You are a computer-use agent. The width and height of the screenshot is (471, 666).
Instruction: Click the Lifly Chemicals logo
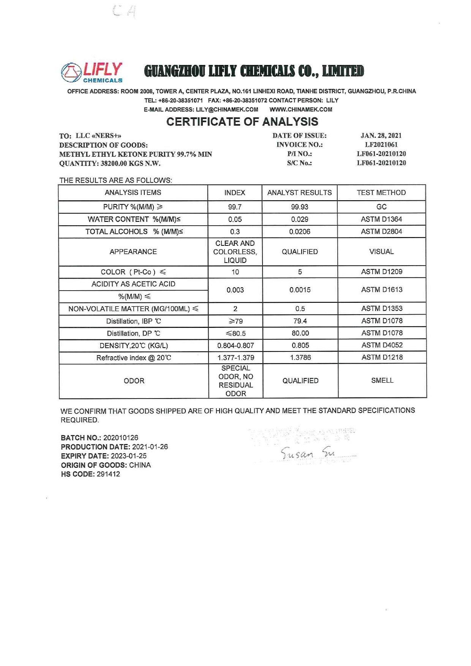pos(92,72)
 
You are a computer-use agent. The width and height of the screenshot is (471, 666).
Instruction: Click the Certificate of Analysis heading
pos(242,122)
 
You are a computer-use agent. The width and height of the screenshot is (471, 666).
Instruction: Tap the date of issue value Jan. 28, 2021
pos(381,136)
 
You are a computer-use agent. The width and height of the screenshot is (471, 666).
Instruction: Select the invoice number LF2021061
pos(381,145)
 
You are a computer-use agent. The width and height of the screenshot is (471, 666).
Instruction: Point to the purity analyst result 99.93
pos(299,207)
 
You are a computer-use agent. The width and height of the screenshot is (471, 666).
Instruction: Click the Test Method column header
pos(381,193)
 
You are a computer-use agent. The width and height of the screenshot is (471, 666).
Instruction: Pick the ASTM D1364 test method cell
pos(381,219)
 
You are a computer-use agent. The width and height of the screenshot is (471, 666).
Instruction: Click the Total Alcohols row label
pos(134,232)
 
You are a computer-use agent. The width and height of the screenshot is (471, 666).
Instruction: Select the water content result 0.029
pos(299,219)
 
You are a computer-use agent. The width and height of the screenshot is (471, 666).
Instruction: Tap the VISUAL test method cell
pos(381,252)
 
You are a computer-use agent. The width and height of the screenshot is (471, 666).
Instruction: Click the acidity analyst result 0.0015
pos(300,290)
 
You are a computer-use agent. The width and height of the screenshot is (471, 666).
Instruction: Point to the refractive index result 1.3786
pos(300,358)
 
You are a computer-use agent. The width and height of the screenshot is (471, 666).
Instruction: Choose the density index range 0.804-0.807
pos(235,346)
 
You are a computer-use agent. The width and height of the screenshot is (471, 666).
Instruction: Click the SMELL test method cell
pos(382,381)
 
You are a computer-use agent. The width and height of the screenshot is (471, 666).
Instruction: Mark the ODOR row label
pos(134,381)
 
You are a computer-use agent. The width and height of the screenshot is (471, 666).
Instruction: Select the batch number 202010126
pos(120,438)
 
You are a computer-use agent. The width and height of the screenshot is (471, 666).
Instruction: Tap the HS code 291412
pos(108,474)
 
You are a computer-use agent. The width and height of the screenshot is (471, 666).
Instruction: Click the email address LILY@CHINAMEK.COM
pos(227,110)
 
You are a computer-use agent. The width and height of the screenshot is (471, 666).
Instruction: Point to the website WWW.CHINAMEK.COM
pos(300,110)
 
